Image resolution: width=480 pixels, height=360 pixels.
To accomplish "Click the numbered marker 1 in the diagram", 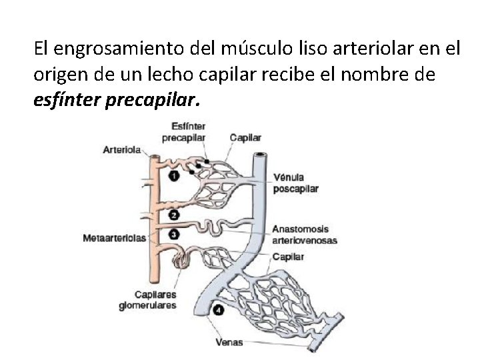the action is [173, 177].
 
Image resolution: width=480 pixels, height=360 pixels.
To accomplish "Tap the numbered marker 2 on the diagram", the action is [173, 215].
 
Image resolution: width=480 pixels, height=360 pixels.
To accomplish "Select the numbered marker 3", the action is [173, 234].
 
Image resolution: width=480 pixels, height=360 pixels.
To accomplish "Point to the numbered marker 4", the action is [219, 310].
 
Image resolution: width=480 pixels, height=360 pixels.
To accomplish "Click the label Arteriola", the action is [121, 150].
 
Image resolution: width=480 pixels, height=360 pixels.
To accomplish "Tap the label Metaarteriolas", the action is [115, 238].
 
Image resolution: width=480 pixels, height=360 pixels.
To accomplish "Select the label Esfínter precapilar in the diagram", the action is [183, 132].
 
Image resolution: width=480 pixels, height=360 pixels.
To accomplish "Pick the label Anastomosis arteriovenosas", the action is [305, 235].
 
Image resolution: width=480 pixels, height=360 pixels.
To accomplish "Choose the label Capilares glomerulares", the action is [147, 300].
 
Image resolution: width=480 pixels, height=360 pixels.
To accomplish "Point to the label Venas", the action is [229, 343].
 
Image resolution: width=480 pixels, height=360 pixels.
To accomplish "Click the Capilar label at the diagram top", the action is [245, 138].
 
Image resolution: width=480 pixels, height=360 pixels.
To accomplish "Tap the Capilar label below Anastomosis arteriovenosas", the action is [289, 257].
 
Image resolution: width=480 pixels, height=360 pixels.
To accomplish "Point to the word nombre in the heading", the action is [379, 75].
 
